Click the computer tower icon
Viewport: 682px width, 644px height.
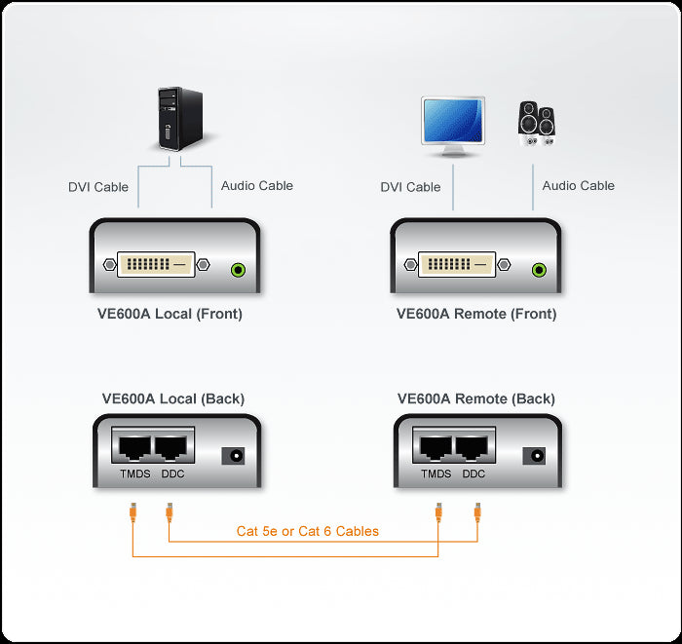click(181, 118)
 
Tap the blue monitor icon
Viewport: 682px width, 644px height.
click(451, 126)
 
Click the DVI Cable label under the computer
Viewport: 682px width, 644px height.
click(98, 187)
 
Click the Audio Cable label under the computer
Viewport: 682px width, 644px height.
click(257, 185)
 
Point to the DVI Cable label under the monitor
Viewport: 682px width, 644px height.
click(410, 187)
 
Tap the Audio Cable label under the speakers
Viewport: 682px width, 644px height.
click(579, 185)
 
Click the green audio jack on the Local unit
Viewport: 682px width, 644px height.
click(236, 271)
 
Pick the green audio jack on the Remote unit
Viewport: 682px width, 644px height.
click(539, 271)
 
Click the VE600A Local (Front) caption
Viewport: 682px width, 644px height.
click(177, 315)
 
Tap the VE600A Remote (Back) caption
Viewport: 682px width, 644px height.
click(476, 398)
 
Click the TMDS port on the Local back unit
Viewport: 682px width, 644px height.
click(133, 447)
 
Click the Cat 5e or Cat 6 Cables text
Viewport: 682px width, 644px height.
click(308, 532)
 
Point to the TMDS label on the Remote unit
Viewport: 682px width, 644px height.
click(436, 474)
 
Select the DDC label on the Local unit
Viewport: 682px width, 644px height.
click(172, 474)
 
